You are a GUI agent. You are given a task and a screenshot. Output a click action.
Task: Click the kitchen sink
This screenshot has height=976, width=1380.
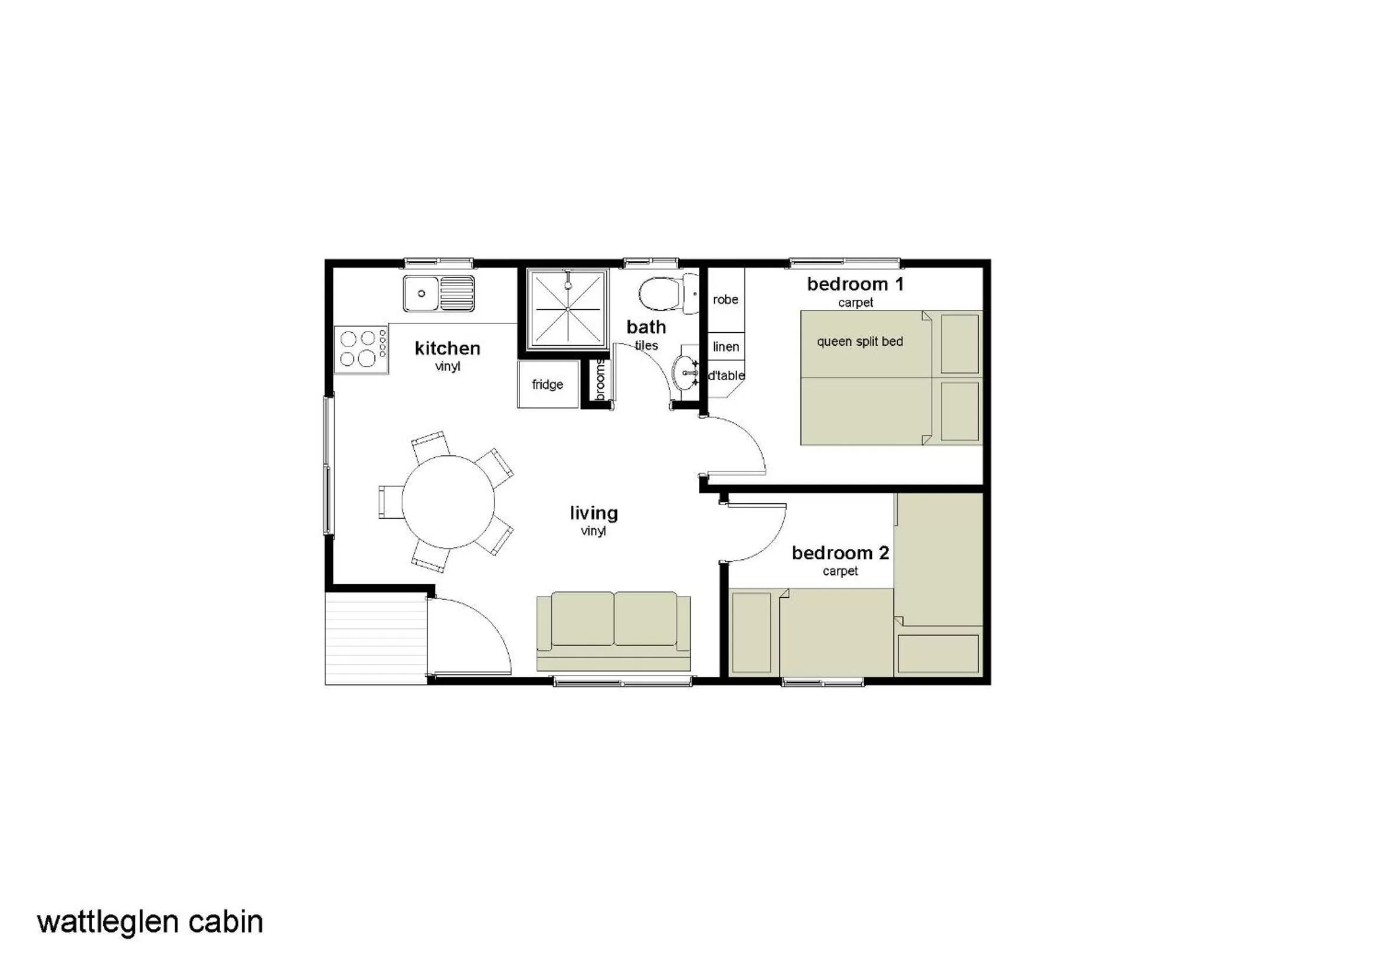(438, 293)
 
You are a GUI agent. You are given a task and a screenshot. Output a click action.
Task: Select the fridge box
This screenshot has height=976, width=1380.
(548, 384)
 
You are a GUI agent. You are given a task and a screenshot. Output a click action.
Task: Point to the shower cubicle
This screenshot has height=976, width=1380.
(568, 309)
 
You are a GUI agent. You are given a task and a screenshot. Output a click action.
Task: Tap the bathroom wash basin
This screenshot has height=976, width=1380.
(685, 373)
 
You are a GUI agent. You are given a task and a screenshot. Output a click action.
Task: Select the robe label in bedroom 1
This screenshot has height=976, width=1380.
(725, 299)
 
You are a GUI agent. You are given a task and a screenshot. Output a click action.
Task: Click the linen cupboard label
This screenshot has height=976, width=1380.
(726, 347)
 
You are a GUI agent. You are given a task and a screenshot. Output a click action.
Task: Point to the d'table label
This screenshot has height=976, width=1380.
(726, 376)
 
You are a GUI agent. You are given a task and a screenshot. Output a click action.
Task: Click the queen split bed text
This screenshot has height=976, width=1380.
(859, 341)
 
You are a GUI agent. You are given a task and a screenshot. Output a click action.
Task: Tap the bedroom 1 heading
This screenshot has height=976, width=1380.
(855, 284)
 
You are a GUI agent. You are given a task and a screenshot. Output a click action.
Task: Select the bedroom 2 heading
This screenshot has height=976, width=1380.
(840, 552)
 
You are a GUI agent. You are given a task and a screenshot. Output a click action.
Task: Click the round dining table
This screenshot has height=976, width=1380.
(448, 502)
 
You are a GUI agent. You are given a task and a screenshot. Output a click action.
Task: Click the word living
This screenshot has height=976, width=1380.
(594, 513)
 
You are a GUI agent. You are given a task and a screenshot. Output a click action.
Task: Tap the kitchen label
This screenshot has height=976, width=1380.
(447, 348)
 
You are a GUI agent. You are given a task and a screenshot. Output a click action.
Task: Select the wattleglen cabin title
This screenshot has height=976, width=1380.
(151, 922)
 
